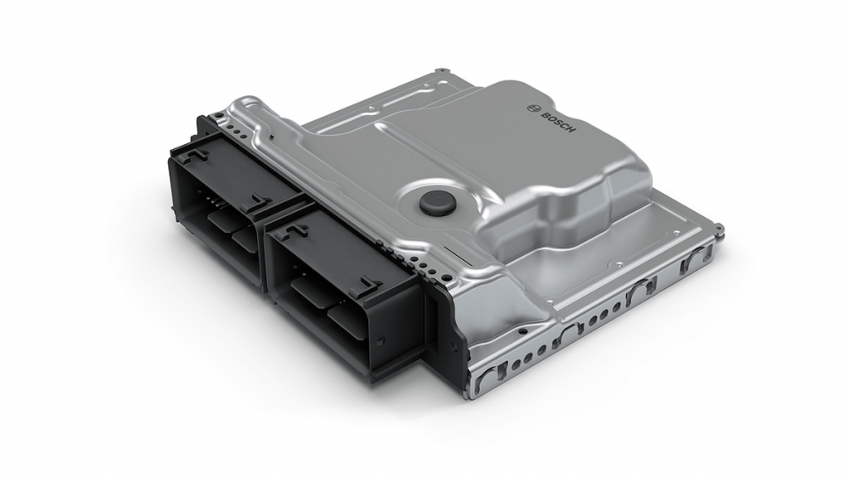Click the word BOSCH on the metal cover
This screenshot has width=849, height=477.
[x=558, y=123]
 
